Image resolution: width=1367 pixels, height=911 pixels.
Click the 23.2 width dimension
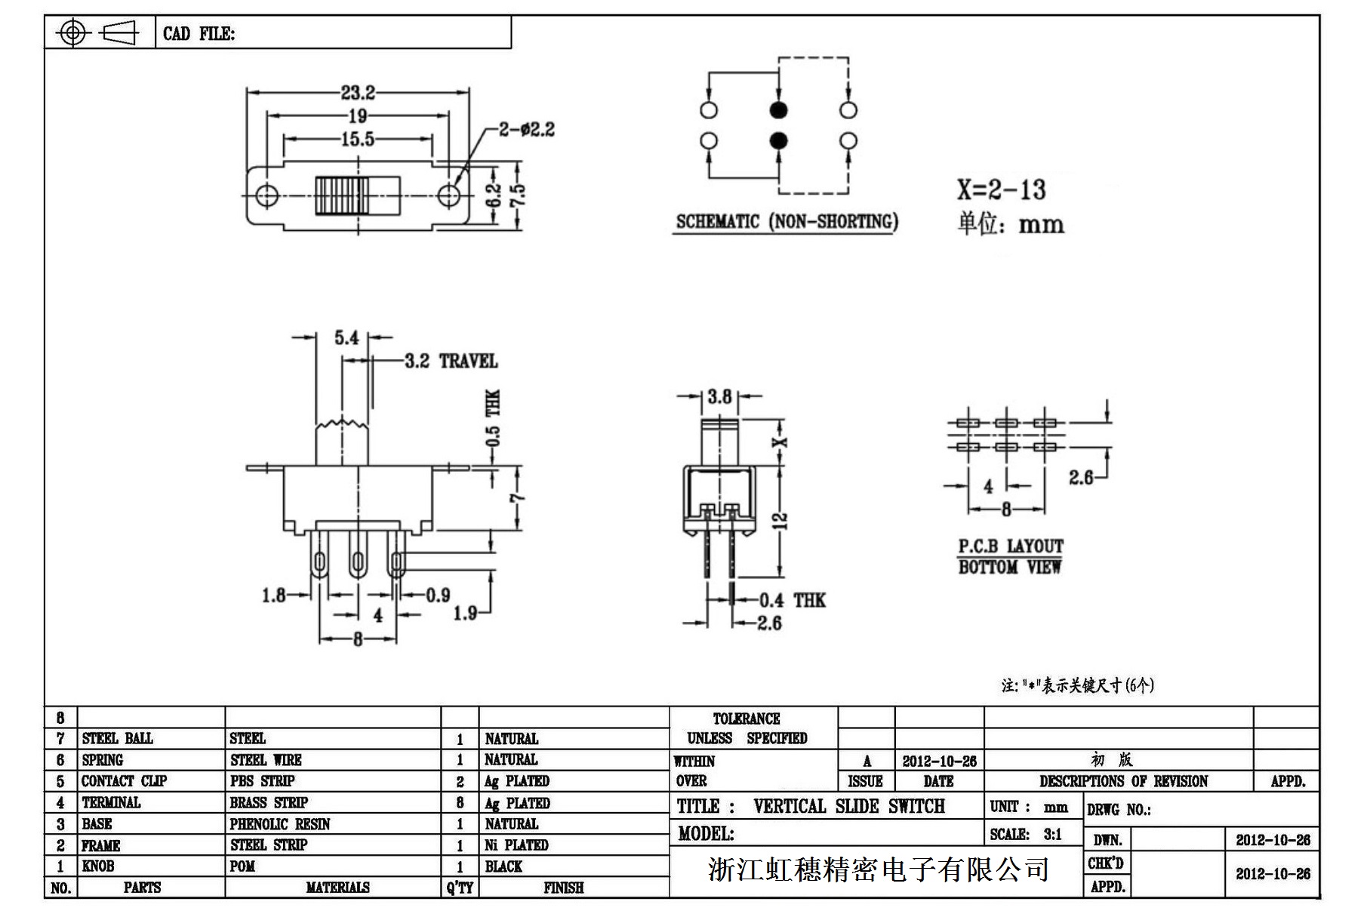click(x=358, y=93)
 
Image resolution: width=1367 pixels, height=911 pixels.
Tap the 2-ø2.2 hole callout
click(x=526, y=130)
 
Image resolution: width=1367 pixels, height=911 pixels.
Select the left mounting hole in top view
click(x=266, y=195)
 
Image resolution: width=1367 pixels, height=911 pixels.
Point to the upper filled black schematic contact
click(x=778, y=110)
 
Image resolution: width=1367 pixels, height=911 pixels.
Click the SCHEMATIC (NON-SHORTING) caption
click(x=787, y=222)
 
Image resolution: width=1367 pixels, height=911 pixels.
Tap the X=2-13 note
click(x=1002, y=189)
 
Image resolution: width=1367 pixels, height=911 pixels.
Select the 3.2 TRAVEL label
click(x=451, y=362)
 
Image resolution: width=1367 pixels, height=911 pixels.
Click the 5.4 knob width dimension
click(x=346, y=337)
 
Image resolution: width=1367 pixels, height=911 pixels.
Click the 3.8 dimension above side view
click(x=719, y=396)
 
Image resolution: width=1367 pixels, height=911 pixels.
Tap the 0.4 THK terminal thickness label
click(x=792, y=601)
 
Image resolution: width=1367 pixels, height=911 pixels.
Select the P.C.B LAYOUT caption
click(x=1011, y=546)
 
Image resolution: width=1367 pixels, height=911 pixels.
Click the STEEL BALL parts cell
click(x=117, y=738)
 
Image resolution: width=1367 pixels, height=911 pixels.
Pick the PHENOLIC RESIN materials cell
click(x=280, y=824)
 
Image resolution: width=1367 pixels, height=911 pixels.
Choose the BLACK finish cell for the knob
click(x=503, y=866)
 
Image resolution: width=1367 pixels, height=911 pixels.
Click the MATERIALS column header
click(x=337, y=888)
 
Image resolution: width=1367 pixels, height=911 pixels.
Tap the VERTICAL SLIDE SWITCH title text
click(x=848, y=806)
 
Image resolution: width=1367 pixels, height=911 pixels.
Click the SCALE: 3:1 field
click(x=1026, y=834)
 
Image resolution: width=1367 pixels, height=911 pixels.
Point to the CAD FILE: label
click(x=199, y=34)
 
